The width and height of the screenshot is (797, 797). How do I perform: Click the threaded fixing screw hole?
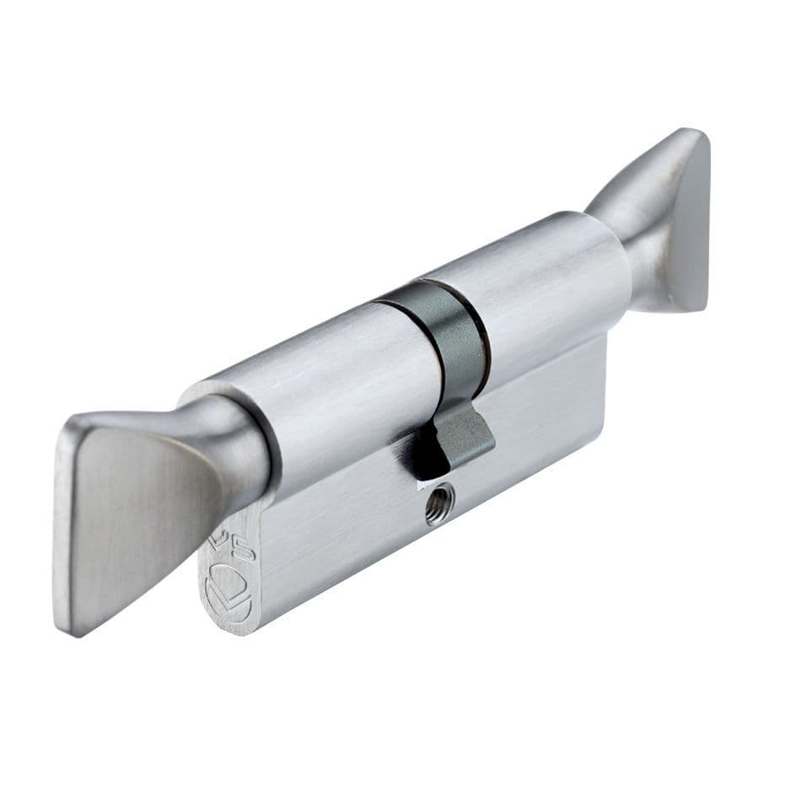click(439, 505)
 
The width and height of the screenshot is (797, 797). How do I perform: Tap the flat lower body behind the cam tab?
click(548, 396)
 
